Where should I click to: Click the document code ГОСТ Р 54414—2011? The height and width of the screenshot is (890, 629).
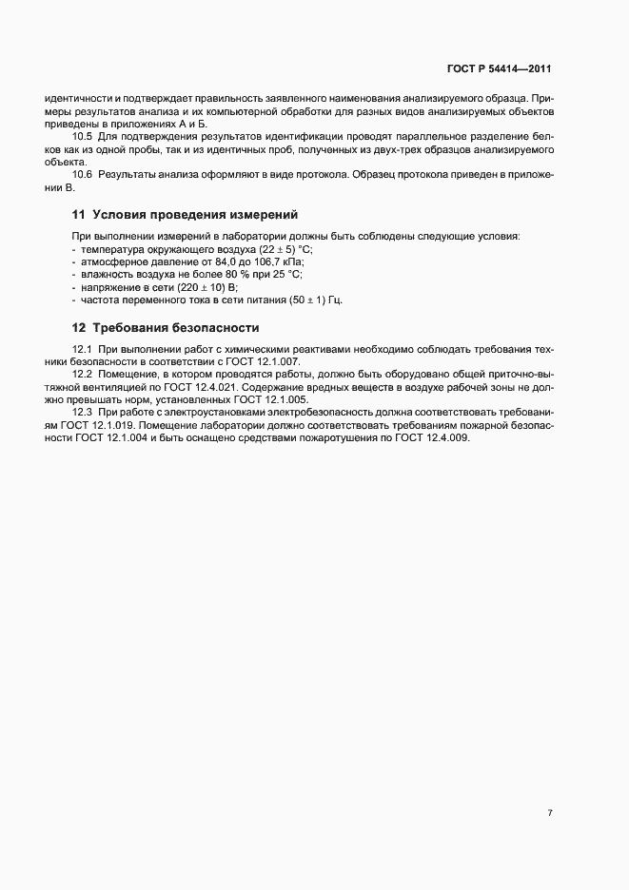coord(499,69)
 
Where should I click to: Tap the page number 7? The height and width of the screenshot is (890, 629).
coord(550,813)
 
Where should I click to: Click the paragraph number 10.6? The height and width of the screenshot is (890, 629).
coord(83,176)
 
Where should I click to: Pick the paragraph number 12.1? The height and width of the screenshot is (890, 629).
coord(83,351)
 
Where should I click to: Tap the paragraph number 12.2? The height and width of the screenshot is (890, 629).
coord(83,375)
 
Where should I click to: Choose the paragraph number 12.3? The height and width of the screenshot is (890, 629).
coord(83,412)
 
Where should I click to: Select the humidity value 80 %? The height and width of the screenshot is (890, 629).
coord(239,274)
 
